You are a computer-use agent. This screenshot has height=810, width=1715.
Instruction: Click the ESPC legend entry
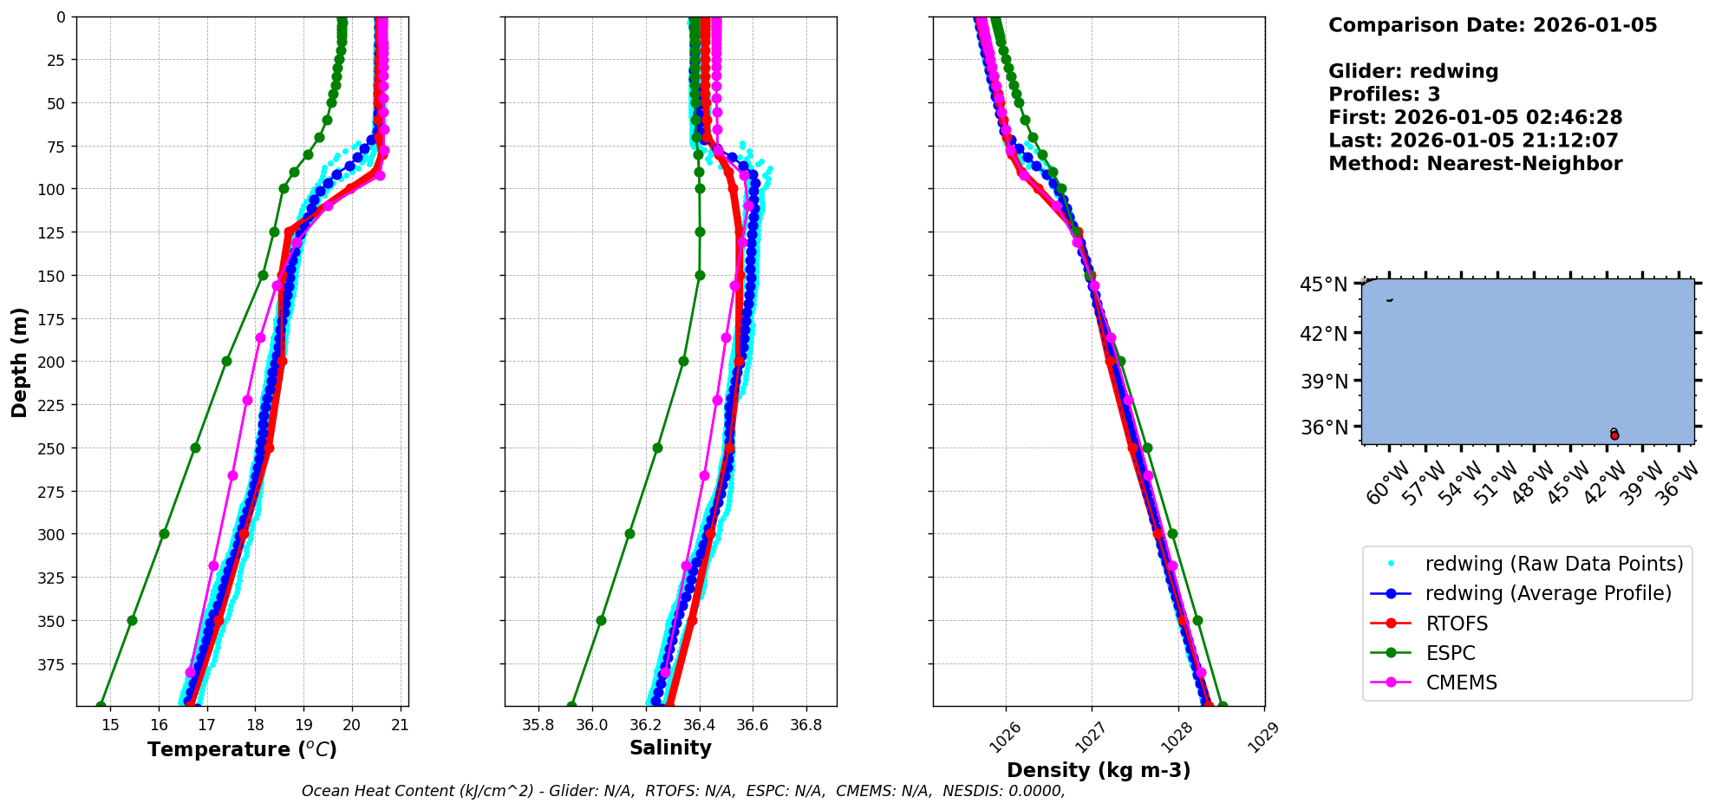click(x=1450, y=653)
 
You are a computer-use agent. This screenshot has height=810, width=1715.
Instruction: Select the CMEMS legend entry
click(x=1461, y=683)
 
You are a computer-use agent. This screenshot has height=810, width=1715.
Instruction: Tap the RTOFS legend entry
click(x=1457, y=624)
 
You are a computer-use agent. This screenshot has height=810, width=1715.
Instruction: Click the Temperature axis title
click(x=242, y=749)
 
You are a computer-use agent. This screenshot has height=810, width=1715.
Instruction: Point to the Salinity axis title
click(x=670, y=748)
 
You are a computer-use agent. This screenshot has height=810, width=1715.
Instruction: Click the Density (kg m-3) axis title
click(x=1099, y=770)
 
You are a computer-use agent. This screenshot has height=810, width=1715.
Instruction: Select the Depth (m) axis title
click(x=19, y=362)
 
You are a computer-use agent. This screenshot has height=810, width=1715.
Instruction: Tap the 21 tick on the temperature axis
click(x=400, y=725)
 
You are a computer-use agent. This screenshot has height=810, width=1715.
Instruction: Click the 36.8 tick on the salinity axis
click(x=805, y=725)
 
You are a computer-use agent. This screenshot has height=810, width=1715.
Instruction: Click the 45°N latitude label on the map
click(x=1323, y=284)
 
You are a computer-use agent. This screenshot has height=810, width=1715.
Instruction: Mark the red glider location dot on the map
click(x=1614, y=435)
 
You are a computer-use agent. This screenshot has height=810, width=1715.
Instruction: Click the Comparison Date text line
click(x=1492, y=25)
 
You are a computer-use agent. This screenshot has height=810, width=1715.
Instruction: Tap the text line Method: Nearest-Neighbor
click(x=1475, y=164)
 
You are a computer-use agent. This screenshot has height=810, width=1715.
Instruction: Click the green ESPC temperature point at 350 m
click(x=132, y=620)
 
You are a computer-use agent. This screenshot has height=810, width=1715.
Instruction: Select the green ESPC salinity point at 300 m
click(x=629, y=533)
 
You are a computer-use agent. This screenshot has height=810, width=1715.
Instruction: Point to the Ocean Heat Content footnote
click(x=683, y=791)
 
